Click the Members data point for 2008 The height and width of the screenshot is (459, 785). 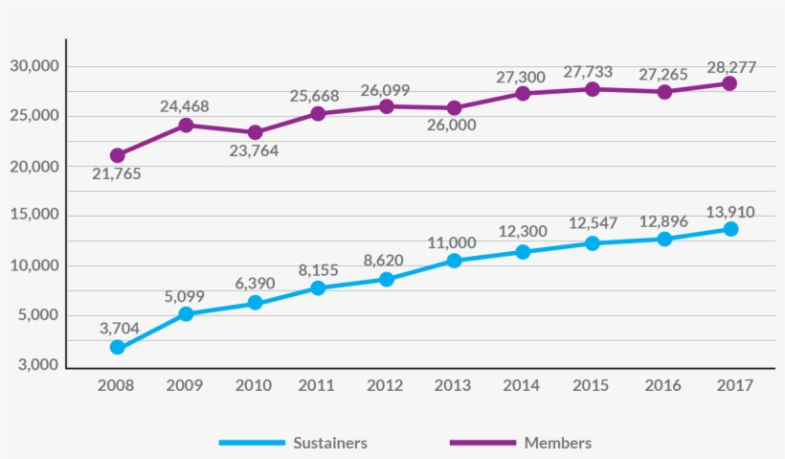click(x=117, y=155)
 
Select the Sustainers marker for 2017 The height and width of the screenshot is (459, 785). click(x=730, y=229)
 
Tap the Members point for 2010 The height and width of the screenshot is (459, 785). click(x=255, y=132)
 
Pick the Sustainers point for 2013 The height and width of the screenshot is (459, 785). click(x=454, y=260)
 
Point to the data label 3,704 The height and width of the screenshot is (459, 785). click(x=119, y=328)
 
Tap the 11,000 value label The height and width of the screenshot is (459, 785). click(x=452, y=242)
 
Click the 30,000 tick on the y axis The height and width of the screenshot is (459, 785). click(x=34, y=66)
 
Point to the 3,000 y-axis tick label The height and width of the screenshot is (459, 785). click(x=37, y=365)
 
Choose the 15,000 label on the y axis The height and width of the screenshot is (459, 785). click(x=34, y=216)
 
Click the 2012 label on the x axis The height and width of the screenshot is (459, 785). click(x=386, y=385)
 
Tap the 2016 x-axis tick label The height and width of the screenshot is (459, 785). click(x=662, y=385)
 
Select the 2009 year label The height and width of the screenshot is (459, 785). click(x=185, y=385)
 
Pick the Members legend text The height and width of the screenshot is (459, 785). click(x=557, y=443)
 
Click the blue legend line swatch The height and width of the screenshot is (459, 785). click(x=253, y=443)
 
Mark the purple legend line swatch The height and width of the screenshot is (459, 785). click(x=483, y=443)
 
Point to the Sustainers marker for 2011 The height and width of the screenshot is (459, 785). click(x=317, y=287)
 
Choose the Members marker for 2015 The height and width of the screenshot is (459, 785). click(x=593, y=89)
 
